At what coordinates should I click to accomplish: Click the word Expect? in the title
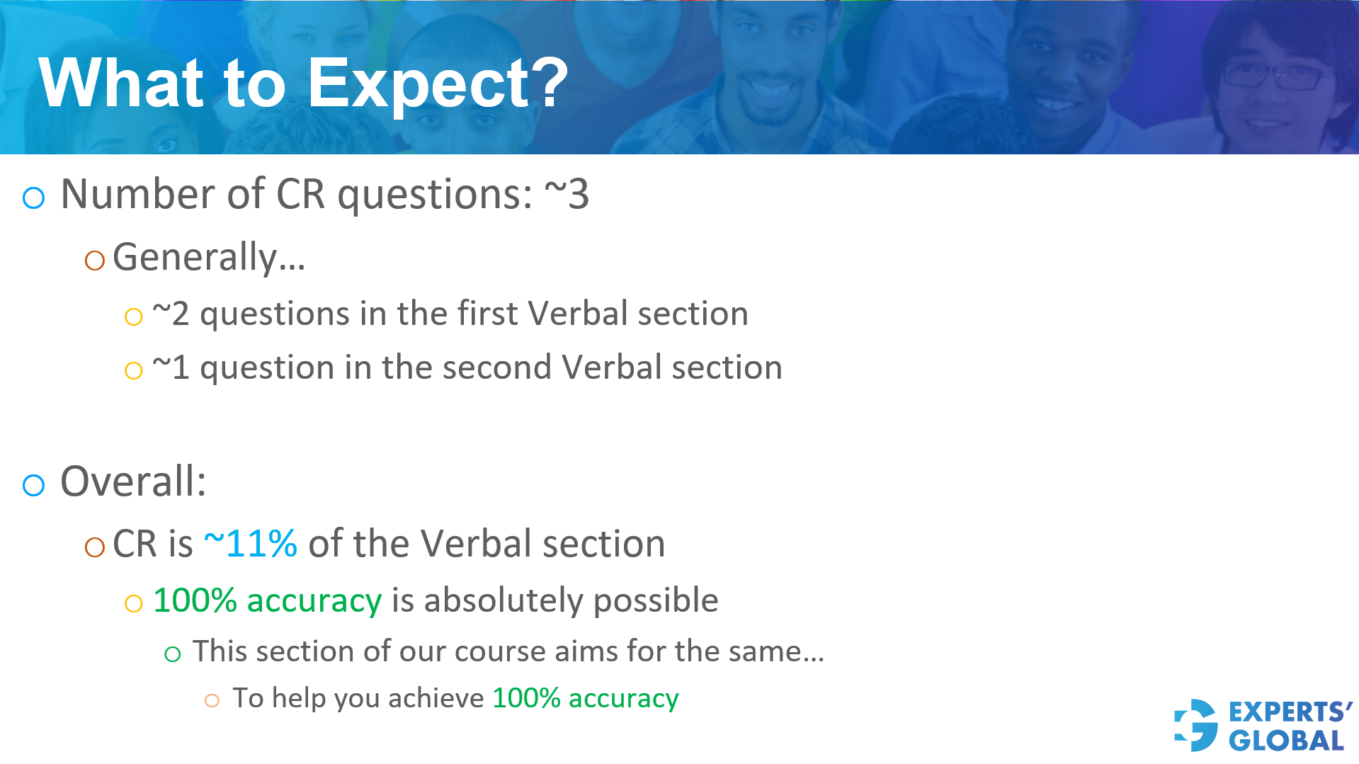pos(438,84)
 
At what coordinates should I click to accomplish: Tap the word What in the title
pos(121,84)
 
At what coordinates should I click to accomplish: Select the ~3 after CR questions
pos(566,193)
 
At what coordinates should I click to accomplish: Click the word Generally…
pos(209,257)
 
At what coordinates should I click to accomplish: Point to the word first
pos(488,314)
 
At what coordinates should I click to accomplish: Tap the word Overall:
pos(133,481)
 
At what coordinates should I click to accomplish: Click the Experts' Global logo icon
pos(1196,725)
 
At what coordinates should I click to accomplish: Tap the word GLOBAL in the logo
pos(1286,741)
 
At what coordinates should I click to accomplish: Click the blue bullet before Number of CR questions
pos(33,198)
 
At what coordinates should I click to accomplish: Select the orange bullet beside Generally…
pos(94,261)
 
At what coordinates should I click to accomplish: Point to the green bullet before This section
pos(172,654)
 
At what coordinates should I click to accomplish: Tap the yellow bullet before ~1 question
pos(133,370)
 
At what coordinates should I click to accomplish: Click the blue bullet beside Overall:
pos(33,485)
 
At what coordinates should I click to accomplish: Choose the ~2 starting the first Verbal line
pos(171,314)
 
